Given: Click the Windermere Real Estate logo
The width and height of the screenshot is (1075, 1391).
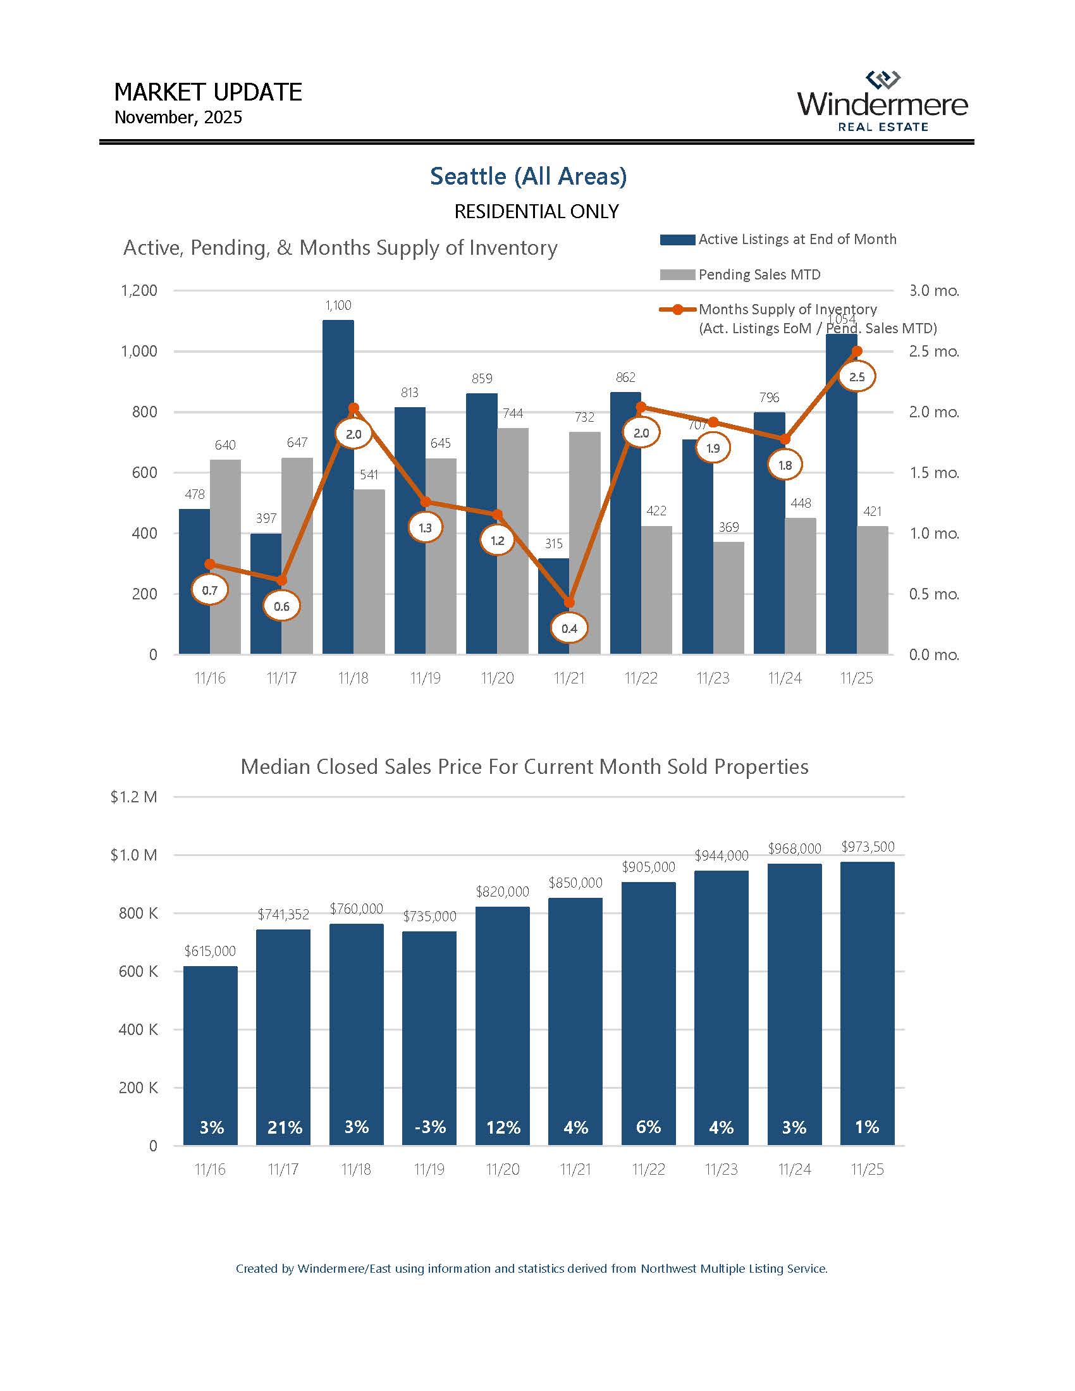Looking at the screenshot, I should [882, 102].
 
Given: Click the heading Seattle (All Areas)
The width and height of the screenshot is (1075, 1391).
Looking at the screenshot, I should [528, 176].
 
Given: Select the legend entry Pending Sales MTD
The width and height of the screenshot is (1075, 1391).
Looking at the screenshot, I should [758, 274].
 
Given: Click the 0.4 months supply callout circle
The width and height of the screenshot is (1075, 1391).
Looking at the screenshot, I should [568, 628].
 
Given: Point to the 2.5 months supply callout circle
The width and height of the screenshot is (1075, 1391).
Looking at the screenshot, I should [857, 377].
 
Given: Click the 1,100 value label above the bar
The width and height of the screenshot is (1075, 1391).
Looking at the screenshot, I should [338, 306].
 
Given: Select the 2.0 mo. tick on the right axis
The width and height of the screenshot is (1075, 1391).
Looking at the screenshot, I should [933, 412].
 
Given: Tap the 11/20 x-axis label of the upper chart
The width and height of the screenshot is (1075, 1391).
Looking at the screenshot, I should [497, 678].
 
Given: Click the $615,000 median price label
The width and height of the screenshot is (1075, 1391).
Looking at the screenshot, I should [209, 951].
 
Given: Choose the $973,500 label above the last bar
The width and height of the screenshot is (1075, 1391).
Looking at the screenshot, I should [868, 847].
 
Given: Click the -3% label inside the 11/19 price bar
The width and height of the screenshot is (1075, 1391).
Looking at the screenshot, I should [430, 1127].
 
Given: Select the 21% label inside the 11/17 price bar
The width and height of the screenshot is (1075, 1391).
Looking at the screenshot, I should [284, 1127].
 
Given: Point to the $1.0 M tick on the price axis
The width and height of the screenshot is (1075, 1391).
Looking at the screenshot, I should [133, 855].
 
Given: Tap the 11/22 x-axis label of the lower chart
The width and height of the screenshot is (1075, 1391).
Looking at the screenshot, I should [648, 1169].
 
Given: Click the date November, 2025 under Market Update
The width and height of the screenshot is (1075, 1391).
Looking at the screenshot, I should [178, 118].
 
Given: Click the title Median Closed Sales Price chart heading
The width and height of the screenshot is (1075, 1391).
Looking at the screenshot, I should [524, 766].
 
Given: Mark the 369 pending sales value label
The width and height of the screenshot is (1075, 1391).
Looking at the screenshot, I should [728, 527].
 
